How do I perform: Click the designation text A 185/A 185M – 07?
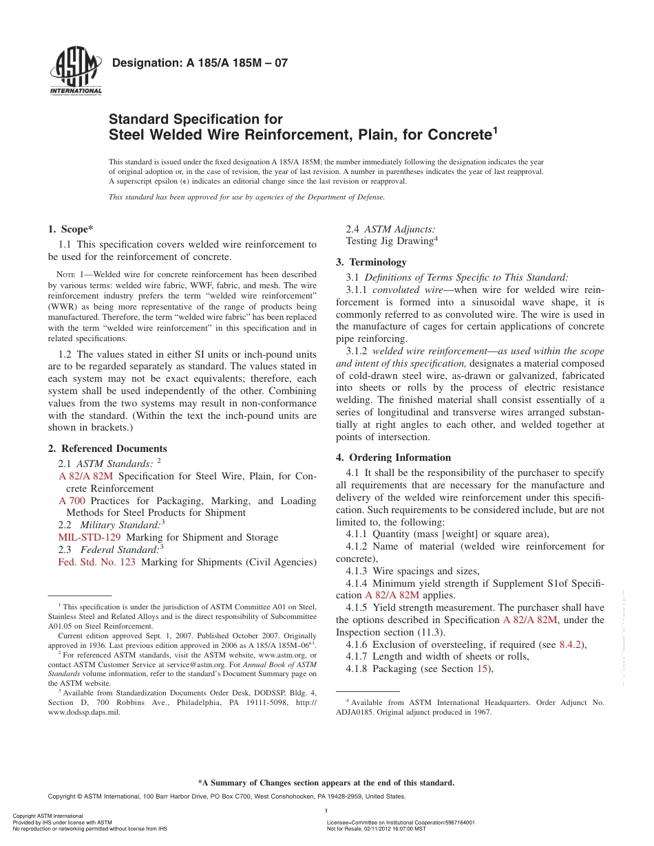pyautogui.click(x=200, y=63)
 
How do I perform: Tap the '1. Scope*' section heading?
pyautogui.click(x=71, y=229)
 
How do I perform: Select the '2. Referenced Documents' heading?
pyautogui.click(x=107, y=448)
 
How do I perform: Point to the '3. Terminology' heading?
pyautogui.click(x=371, y=262)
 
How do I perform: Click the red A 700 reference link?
pyautogui.click(x=72, y=501)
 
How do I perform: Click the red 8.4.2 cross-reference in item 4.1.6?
pyautogui.click(x=570, y=644)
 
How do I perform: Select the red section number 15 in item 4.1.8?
pyautogui.click(x=483, y=669)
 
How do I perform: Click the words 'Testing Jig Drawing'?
pyautogui.click(x=389, y=241)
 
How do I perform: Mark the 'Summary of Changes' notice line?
pyautogui.click(x=326, y=783)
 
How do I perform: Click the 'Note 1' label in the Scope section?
pyautogui.click(x=71, y=274)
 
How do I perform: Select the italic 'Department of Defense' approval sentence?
pyautogui.click(x=246, y=197)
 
